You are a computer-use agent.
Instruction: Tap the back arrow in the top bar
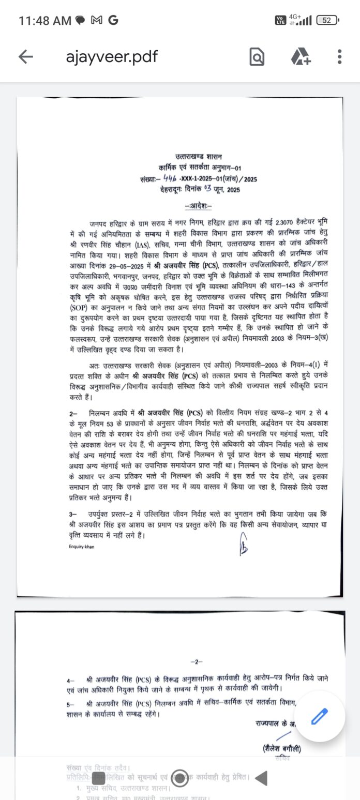(x=25, y=56)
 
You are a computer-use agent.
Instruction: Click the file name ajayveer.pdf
(x=112, y=56)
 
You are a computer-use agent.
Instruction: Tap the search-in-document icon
(x=257, y=57)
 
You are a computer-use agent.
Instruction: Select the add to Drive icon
(x=300, y=56)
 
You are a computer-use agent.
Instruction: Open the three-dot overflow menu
(x=339, y=56)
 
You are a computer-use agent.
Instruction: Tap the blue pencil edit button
(x=319, y=717)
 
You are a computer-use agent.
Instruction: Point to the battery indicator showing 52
(x=326, y=20)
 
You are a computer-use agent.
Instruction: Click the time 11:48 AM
(x=44, y=21)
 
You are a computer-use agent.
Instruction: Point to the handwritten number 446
(x=169, y=178)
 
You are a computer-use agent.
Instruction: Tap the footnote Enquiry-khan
(x=82, y=547)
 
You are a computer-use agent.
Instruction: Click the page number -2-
(x=197, y=661)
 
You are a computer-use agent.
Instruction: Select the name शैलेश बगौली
(x=281, y=749)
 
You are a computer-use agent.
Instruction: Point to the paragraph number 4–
(x=70, y=678)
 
